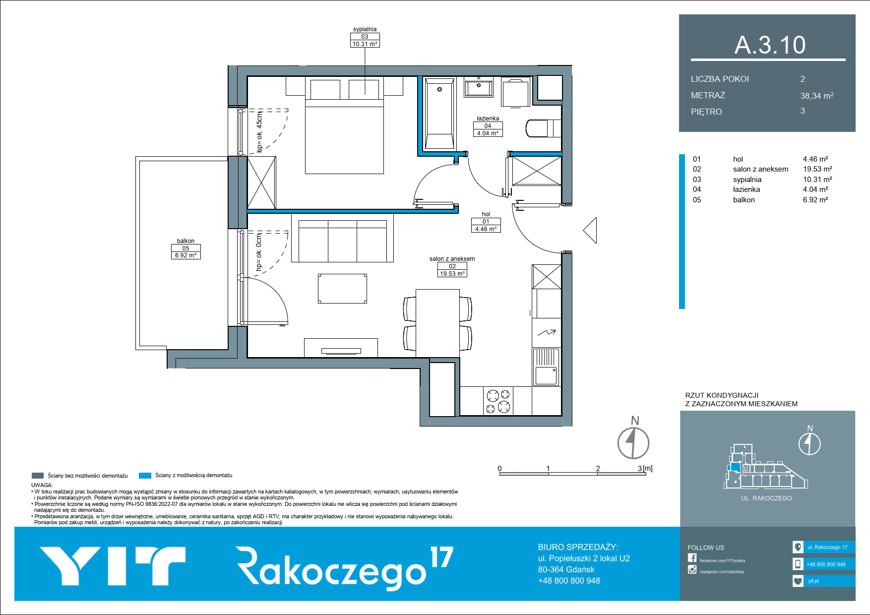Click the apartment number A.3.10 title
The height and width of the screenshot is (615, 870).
(x=770, y=45)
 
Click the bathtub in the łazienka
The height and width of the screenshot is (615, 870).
(x=439, y=114)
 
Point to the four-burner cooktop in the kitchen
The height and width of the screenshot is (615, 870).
(x=498, y=401)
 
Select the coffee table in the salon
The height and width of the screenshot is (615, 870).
(x=342, y=288)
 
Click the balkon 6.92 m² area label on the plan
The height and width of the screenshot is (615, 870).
(x=186, y=248)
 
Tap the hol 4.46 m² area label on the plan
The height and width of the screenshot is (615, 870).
(x=486, y=222)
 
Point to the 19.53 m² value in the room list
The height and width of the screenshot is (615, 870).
(x=817, y=169)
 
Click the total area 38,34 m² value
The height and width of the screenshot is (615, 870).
(x=816, y=96)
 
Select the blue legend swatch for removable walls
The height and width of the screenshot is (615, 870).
(x=145, y=476)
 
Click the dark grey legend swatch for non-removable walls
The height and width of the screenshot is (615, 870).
(x=38, y=476)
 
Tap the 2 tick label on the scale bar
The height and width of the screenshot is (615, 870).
(x=598, y=468)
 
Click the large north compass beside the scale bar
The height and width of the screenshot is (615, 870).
(x=633, y=442)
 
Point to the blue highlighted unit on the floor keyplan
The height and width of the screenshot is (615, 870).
(x=735, y=467)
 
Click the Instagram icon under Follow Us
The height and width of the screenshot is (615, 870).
(x=692, y=569)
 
